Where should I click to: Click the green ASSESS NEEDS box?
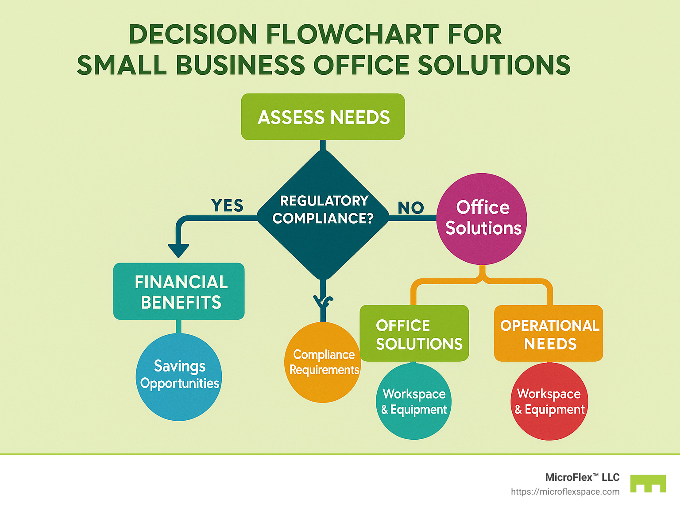323,117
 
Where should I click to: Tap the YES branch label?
227,206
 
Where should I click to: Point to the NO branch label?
410,208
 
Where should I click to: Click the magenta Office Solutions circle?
482,219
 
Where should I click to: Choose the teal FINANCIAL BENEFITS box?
179,291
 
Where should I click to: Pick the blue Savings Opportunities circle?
179,377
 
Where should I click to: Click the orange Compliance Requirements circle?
323,363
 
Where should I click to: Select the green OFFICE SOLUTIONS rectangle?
414,333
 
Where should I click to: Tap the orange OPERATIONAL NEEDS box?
549,333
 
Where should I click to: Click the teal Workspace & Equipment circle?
413,401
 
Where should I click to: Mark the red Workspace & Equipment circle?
549,401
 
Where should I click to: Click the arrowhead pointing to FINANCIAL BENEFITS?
178,251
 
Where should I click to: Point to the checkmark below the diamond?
323,302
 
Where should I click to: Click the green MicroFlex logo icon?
648,484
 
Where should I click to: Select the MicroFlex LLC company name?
582,477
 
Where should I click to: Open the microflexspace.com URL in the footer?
565,492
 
